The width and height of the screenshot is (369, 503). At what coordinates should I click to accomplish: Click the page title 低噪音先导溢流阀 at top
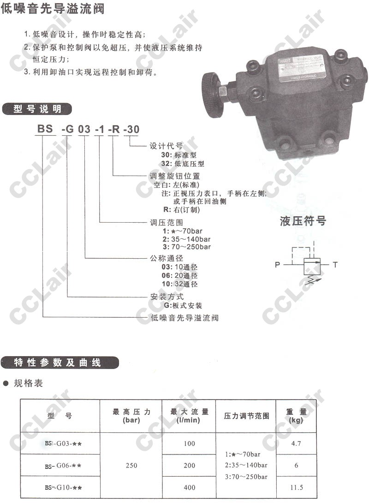[53, 9]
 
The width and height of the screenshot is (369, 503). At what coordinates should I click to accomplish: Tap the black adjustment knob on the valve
[213, 94]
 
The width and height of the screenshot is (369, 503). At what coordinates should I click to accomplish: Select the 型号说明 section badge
[38, 109]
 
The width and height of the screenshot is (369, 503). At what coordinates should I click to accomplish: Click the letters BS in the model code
[45, 129]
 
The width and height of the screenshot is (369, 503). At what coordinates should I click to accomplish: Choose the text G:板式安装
[180, 306]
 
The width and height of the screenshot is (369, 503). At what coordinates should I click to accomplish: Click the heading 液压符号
[303, 221]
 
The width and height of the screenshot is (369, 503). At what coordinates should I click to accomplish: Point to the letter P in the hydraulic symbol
[277, 265]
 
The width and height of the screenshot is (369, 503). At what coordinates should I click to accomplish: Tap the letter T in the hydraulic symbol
[335, 265]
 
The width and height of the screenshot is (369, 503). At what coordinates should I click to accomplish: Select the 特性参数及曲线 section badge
[60, 363]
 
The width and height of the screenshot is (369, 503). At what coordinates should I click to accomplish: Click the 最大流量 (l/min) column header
[189, 416]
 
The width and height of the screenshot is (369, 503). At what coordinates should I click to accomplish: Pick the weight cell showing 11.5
[296, 487]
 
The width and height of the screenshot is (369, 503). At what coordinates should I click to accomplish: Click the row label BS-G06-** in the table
[63, 466]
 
